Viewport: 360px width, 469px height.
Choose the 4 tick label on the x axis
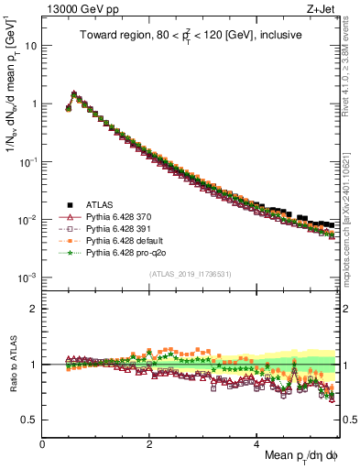(x=256, y=443)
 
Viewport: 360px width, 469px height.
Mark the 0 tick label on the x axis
(x=43, y=443)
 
